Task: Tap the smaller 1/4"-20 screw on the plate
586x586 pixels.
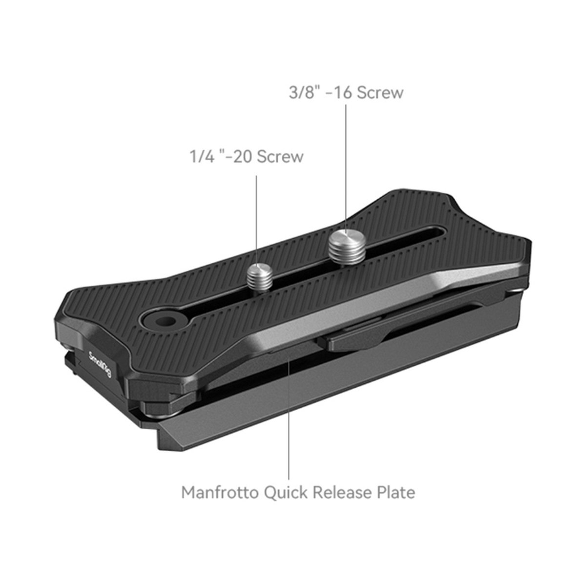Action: pyautogui.click(x=260, y=276)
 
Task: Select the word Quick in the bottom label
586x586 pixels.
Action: pyautogui.click(x=286, y=493)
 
